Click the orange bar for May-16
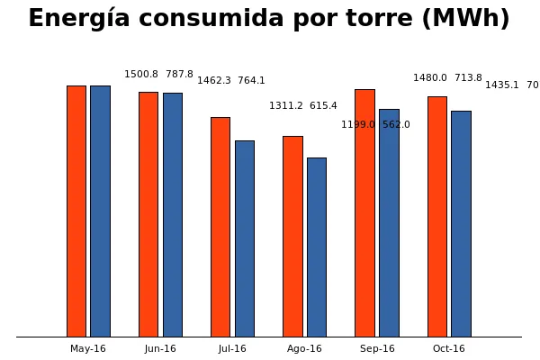click(x=76, y=211)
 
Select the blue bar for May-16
click(x=100, y=211)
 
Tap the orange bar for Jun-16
click(x=148, y=214)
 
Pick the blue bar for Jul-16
click(x=245, y=238)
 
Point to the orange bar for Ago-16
click(x=292, y=237)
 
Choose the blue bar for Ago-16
click(x=317, y=247)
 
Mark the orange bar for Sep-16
click(x=364, y=213)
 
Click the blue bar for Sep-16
click(x=389, y=223)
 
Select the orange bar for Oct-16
click(x=437, y=217)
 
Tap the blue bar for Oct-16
click(x=461, y=224)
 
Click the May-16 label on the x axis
click(x=88, y=349)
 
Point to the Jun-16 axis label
click(x=160, y=349)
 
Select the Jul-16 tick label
click(x=232, y=349)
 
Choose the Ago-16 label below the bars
click(x=304, y=349)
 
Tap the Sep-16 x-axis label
click(x=377, y=349)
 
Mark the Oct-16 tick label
click(x=449, y=349)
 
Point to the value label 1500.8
click(x=141, y=75)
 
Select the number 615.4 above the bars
click(x=323, y=106)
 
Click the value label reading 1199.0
click(x=357, y=125)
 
